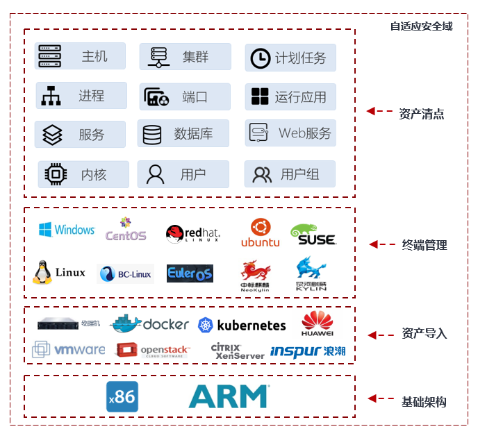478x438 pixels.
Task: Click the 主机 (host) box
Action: (x=81, y=56)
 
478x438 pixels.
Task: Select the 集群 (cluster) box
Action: (x=185, y=57)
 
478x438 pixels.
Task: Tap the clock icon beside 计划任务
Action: (x=260, y=58)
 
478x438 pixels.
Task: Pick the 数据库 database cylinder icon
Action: (x=151, y=134)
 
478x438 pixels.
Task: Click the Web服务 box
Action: (x=290, y=133)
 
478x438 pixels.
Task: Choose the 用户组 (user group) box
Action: (x=290, y=174)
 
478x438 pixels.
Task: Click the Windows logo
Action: (x=66, y=230)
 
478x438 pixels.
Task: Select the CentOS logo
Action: (x=126, y=230)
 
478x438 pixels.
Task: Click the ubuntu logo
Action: (x=260, y=233)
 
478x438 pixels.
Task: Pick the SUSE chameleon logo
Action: (x=313, y=234)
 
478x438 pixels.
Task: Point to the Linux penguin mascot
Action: (x=42, y=273)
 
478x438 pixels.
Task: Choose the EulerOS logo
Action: (x=190, y=273)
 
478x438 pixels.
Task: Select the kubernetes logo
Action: (x=241, y=325)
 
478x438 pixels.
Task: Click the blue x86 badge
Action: (x=122, y=397)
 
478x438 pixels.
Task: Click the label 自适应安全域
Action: (x=422, y=26)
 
